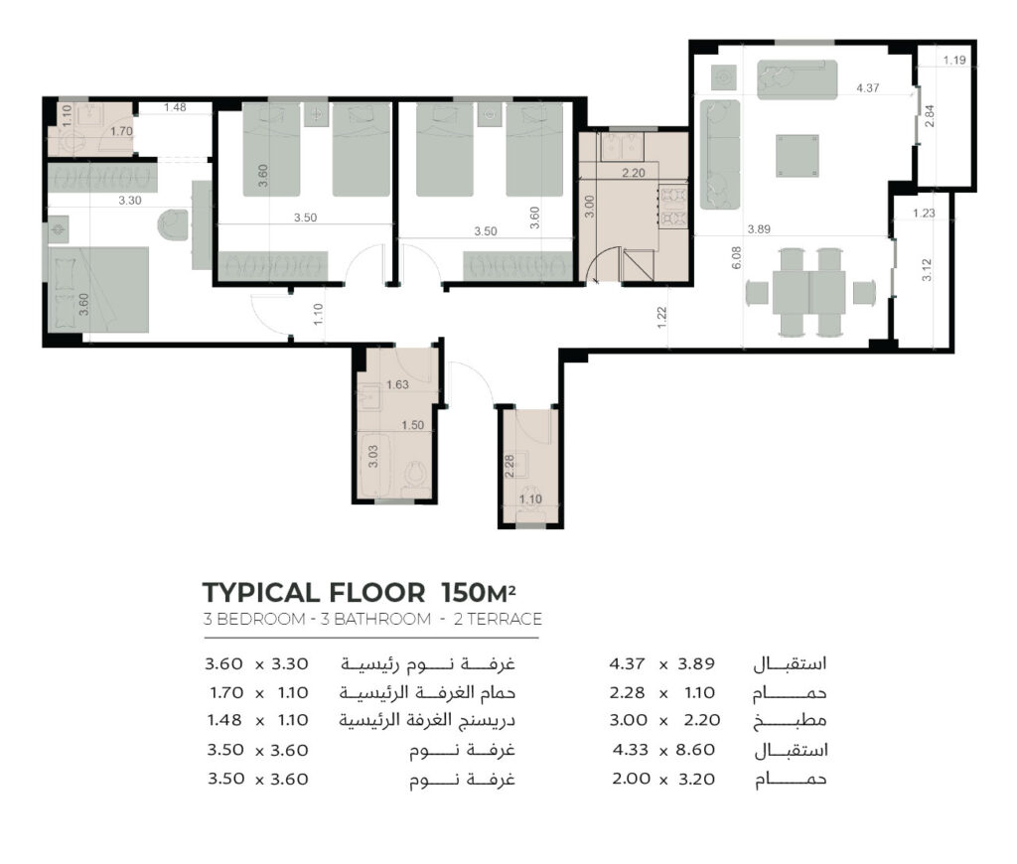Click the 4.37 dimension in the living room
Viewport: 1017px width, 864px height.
(867, 87)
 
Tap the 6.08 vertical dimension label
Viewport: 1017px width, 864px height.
(736, 257)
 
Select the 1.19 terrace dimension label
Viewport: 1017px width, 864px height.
(954, 60)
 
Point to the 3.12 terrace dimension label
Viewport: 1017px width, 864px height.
(927, 270)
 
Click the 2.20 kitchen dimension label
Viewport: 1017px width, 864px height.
(633, 173)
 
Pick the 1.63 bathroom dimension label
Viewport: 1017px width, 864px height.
(397, 384)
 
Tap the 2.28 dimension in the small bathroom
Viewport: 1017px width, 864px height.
(509, 467)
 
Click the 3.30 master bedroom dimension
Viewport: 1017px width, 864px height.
(130, 201)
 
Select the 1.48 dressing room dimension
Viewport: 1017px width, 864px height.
(175, 107)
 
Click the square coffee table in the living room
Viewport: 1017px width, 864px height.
(798, 155)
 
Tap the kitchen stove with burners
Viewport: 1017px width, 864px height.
(672, 207)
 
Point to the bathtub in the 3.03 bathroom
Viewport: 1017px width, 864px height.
(372, 465)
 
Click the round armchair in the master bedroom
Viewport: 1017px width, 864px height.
(173, 224)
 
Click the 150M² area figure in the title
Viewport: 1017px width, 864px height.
(479, 592)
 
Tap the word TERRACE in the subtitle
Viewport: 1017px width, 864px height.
(505, 619)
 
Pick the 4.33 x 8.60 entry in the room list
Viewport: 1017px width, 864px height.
(663, 750)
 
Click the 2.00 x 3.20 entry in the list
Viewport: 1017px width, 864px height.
(663, 779)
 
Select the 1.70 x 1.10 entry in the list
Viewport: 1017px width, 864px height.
(259, 693)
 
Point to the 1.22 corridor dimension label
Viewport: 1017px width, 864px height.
(661, 317)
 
